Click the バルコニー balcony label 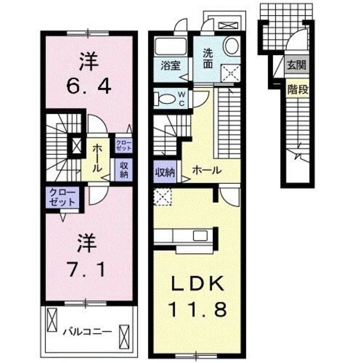coord(87,330)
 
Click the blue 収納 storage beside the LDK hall coord(165,171)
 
